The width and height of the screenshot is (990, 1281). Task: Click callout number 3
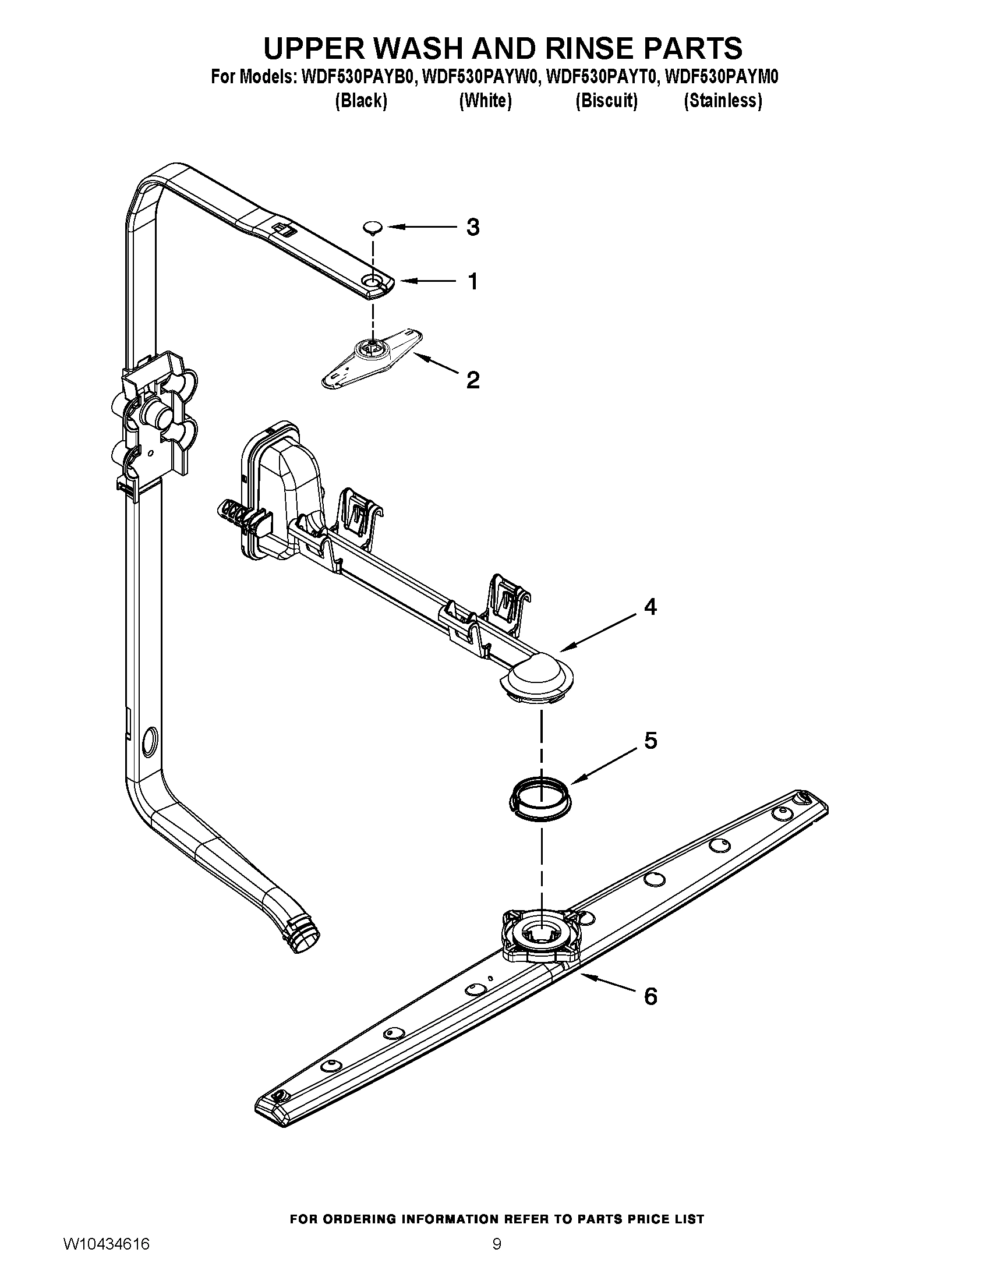473,227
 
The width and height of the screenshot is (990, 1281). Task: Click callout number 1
473,282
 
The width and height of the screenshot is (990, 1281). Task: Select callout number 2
473,380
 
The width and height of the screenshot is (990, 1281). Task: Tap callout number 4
650,607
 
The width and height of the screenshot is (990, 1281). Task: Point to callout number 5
650,741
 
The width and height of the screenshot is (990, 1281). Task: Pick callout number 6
650,996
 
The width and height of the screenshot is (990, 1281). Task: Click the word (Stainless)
723,101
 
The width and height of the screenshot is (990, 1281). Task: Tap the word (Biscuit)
606,101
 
